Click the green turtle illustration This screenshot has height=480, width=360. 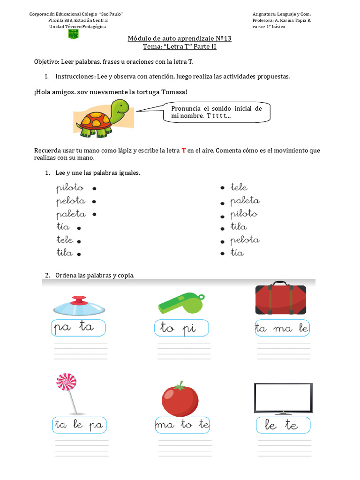click(x=104, y=118)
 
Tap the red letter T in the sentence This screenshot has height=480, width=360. click(x=184, y=150)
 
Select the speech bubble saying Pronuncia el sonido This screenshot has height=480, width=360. click(x=216, y=112)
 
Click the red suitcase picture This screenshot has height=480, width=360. click(x=280, y=299)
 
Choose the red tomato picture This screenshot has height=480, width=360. click(x=180, y=399)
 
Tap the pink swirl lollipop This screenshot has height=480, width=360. click(x=67, y=382)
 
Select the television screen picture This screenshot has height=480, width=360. click(x=283, y=399)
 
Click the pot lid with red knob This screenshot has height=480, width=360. click(x=79, y=306)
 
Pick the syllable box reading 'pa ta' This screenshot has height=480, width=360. click(x=78, y=328)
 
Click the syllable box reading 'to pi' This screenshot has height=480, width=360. click(x=181, y=328)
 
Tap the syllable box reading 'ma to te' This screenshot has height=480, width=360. click(x=182, y=425)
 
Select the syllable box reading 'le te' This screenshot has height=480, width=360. click(x=283, y=425)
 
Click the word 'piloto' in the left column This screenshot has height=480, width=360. click(x=70, y=188)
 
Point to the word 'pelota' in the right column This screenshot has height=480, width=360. click(x=245, y=240)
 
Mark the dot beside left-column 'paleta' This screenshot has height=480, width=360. click(x=94, y=215)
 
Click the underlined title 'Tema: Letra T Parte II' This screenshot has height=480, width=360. click(x=180, y=47)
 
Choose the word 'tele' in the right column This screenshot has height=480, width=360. click(x=239, y=187)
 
